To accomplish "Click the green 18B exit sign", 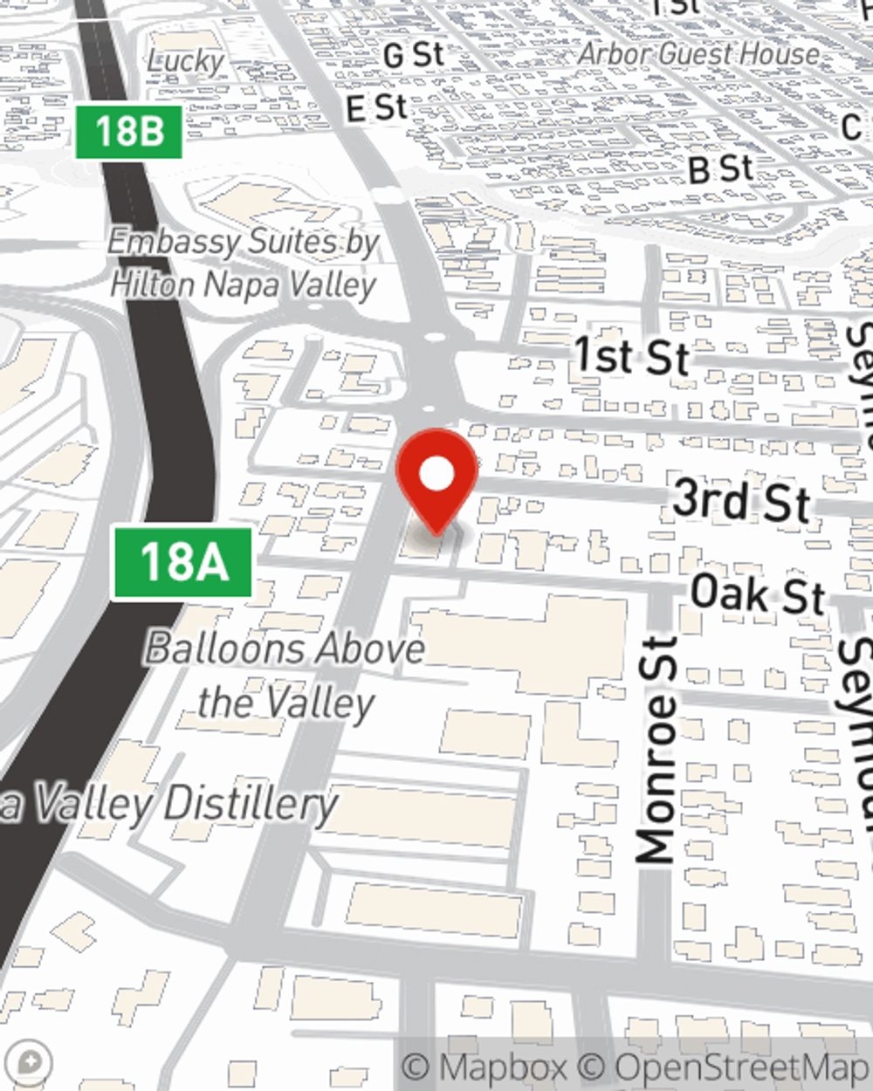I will pyautogui.click(x=129, y=132).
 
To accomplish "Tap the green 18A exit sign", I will pyautogui.click(x=183, y=563).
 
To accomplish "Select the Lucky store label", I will pyautogui.click(x=185, y=61).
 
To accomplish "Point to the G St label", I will pyautogui.click(x=414, y=56).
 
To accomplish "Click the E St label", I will pyautogui.click(x=376, y=109).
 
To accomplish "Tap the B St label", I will pyautogui.click(x=720, y=168).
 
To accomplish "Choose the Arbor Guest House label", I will pyautogui.click(x=698, y=54).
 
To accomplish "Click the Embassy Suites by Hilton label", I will pyautogui.click(x=244, y=263).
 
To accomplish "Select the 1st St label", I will pyautogui.click(x=631, y=357).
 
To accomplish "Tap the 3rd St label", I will pyautogui.click(x=741, y=502).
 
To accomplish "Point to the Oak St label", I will pyautogui.click(x=757, y=594).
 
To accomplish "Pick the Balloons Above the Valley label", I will pyautogui.click(x=285, y=675).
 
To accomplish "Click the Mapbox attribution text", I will pyautogui.click(x=485, y=1067).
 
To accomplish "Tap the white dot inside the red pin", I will pyautogui.click(x=437, y=474).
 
